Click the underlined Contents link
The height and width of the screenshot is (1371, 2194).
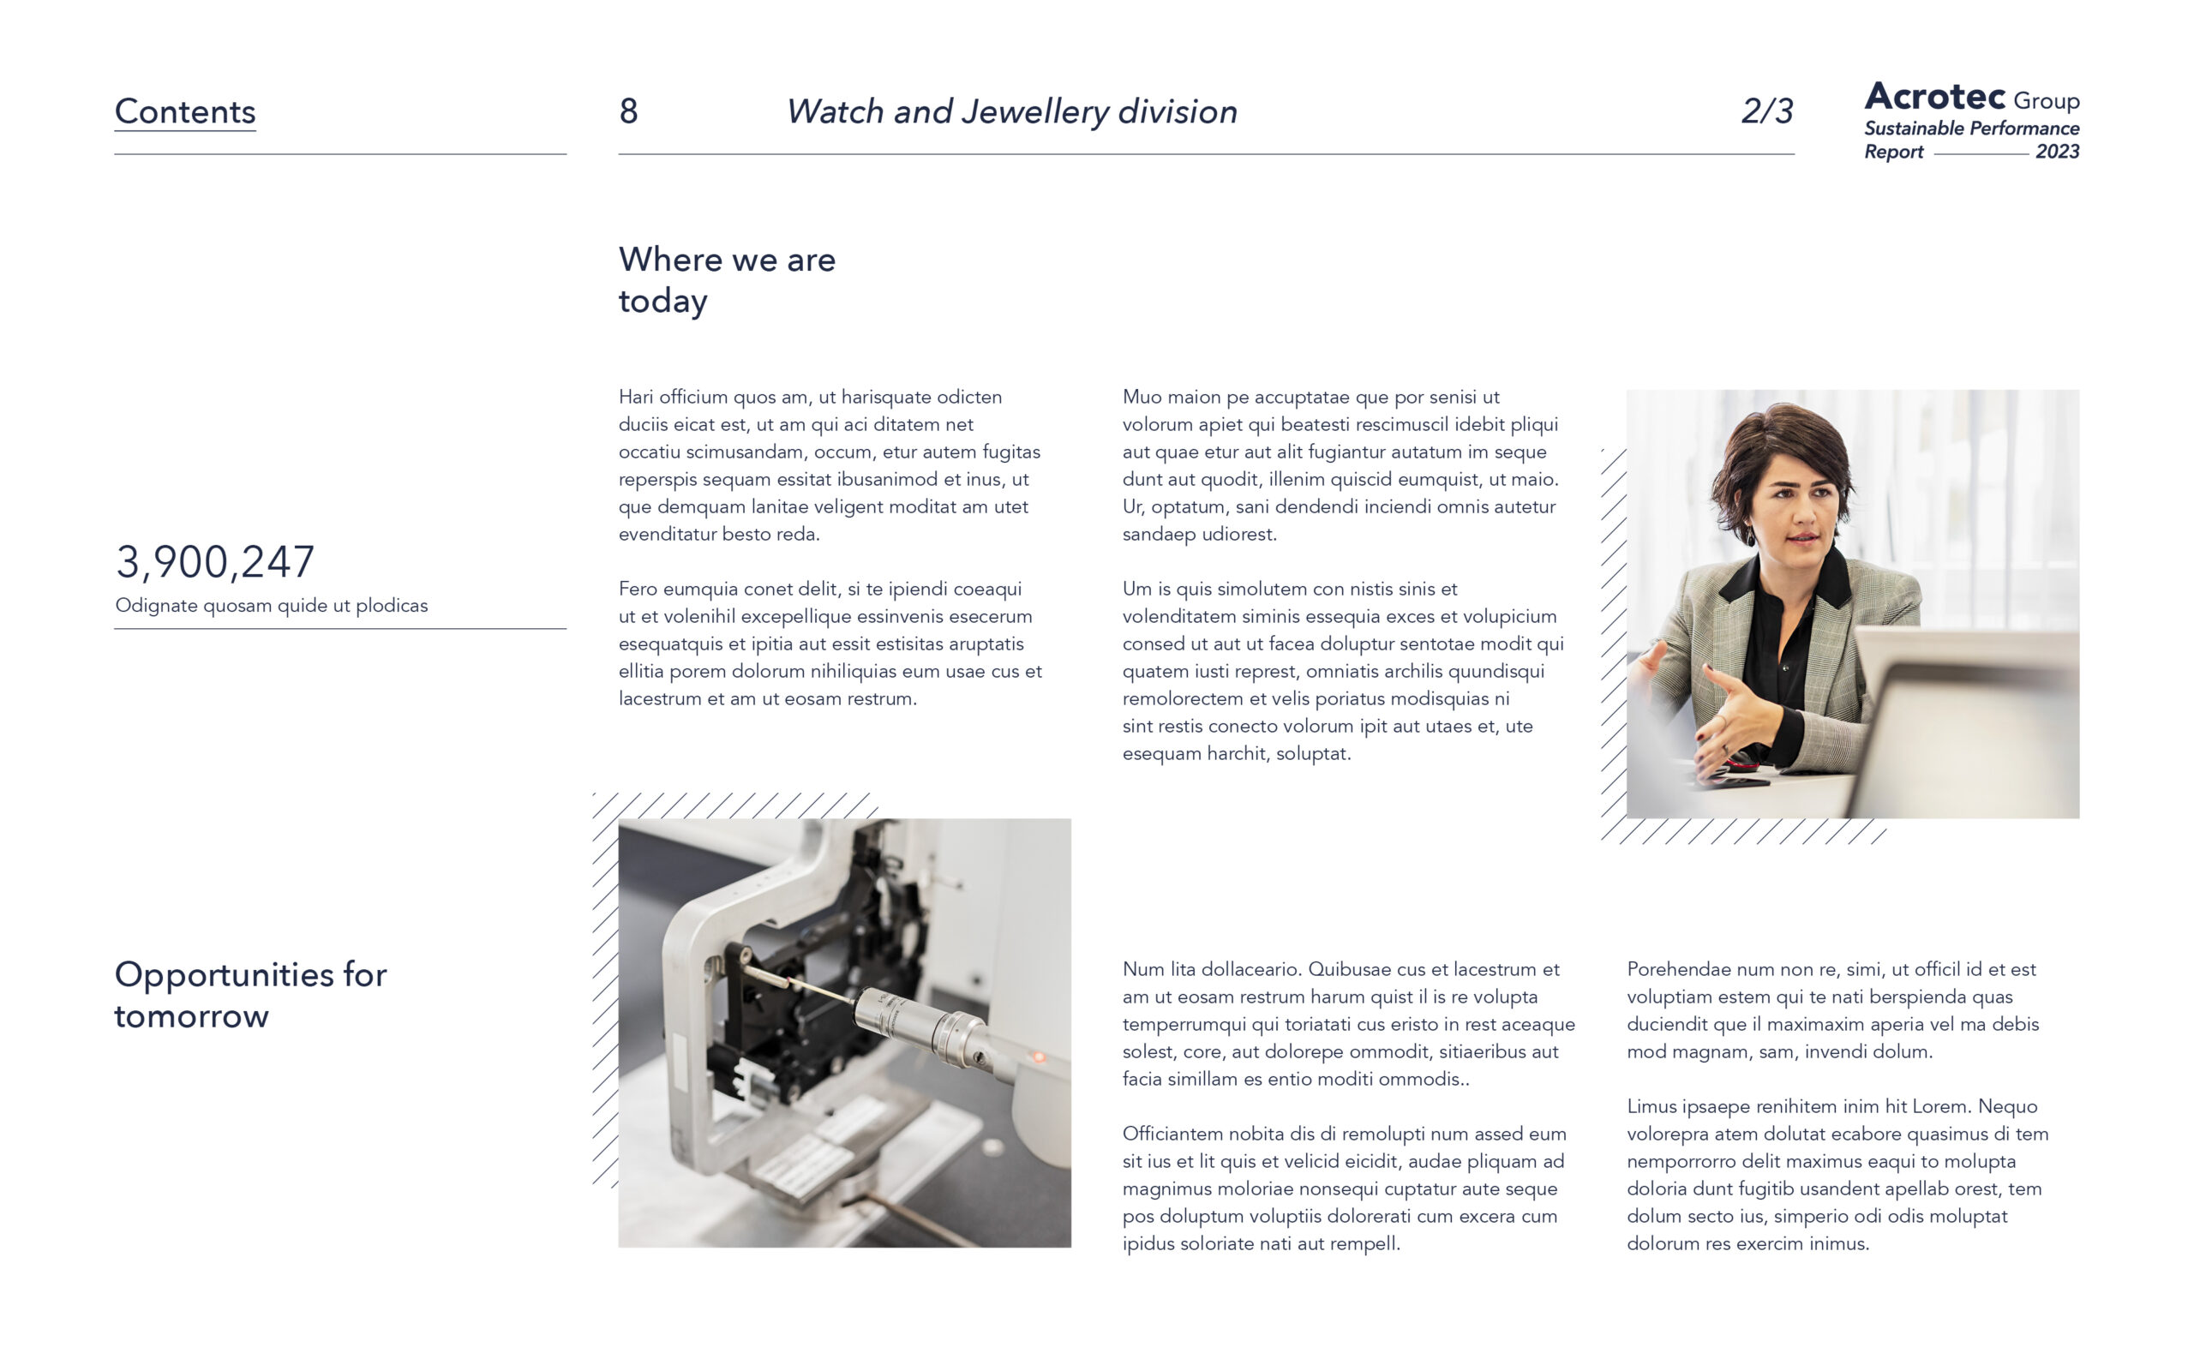(185, 111)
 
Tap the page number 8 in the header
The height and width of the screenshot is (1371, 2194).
(628, 111)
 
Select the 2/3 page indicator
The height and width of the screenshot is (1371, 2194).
(1767, 111)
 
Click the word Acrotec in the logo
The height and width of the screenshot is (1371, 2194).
(1934, 96)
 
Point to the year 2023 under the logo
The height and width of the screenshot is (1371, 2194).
(2057, 152)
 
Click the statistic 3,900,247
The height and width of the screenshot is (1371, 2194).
(215, 562)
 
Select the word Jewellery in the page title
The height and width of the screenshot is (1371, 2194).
(1035, 112)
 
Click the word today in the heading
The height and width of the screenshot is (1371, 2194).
(662, 302)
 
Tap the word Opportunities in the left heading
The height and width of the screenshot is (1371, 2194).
(224, 976)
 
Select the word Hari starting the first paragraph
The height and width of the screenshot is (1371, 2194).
(637, 397)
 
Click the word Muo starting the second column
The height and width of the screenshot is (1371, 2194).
(1141, 397)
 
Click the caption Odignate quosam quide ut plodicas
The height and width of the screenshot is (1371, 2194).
(271, 606)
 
